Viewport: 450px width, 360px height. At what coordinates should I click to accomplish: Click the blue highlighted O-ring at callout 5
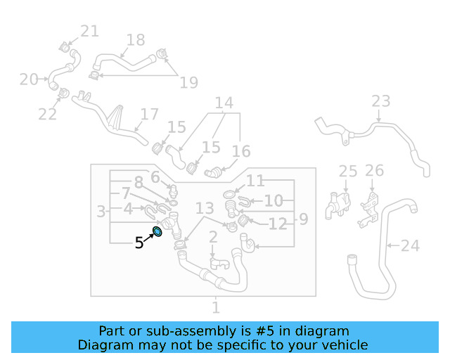(x=157, y=231)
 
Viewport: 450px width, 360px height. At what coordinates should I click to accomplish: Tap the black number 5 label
(x=139, y=243)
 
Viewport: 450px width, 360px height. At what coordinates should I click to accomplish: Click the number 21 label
(x=89, y=31)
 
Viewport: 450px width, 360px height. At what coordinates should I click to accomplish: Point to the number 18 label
(x=136, y=40)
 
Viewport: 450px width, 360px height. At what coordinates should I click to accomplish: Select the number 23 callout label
(x=381, y=101)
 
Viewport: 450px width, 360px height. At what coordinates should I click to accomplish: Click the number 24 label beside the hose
(x=410, y=245)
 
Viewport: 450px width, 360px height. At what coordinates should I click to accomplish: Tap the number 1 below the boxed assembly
(x=216, y=307)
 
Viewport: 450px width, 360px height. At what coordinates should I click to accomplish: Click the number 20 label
(x=29, y=79)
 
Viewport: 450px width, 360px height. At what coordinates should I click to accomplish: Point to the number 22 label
(x=47, y=115)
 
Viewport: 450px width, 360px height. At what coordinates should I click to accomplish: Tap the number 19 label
(x=189, y=83)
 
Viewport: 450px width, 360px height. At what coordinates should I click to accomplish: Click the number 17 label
(x=150, y=115)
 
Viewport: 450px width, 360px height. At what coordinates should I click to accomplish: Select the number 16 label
(x=241, y=151)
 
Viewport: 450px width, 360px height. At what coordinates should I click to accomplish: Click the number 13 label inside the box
(x=205, y=208)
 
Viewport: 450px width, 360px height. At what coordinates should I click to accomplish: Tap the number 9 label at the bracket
(x=304, y=219)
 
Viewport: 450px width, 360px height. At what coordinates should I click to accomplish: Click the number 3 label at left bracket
(x=101, y=212)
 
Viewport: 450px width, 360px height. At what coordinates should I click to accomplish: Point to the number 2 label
(x=213, y=237)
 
